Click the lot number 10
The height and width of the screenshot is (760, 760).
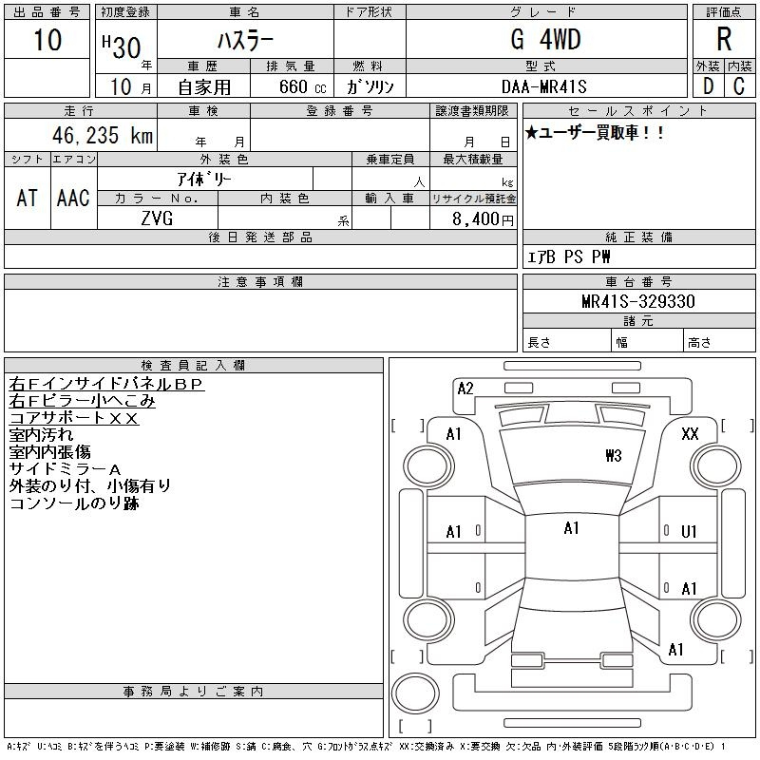[47, 39]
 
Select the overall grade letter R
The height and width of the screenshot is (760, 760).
[724, 39]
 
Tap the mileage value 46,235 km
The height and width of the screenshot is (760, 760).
[103, 135]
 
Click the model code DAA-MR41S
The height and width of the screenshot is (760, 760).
[543, 86]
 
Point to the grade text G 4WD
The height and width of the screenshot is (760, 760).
[545, 39]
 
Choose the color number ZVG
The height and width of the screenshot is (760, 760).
[157, 218]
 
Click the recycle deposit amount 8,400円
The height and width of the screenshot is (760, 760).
[483, 219]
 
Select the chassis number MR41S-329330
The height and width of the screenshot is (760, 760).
[638, 301]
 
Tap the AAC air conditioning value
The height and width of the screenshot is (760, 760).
[73, 199]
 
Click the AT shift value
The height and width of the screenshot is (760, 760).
[28, 199]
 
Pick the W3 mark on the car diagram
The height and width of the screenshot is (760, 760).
[613, 456]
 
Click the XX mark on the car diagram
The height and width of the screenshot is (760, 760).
[690, 434]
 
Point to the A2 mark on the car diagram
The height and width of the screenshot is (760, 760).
[465, 389]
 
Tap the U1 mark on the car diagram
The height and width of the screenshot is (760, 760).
[689, 532]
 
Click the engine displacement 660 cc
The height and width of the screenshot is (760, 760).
[302, 87]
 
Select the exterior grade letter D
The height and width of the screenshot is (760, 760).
[708, 86]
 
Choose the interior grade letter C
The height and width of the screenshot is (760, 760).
[739, 86]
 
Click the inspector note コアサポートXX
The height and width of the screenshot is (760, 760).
[74, 418]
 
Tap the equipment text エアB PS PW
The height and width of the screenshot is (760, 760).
[568, 256]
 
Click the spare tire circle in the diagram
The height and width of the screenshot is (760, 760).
[415, 693]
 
